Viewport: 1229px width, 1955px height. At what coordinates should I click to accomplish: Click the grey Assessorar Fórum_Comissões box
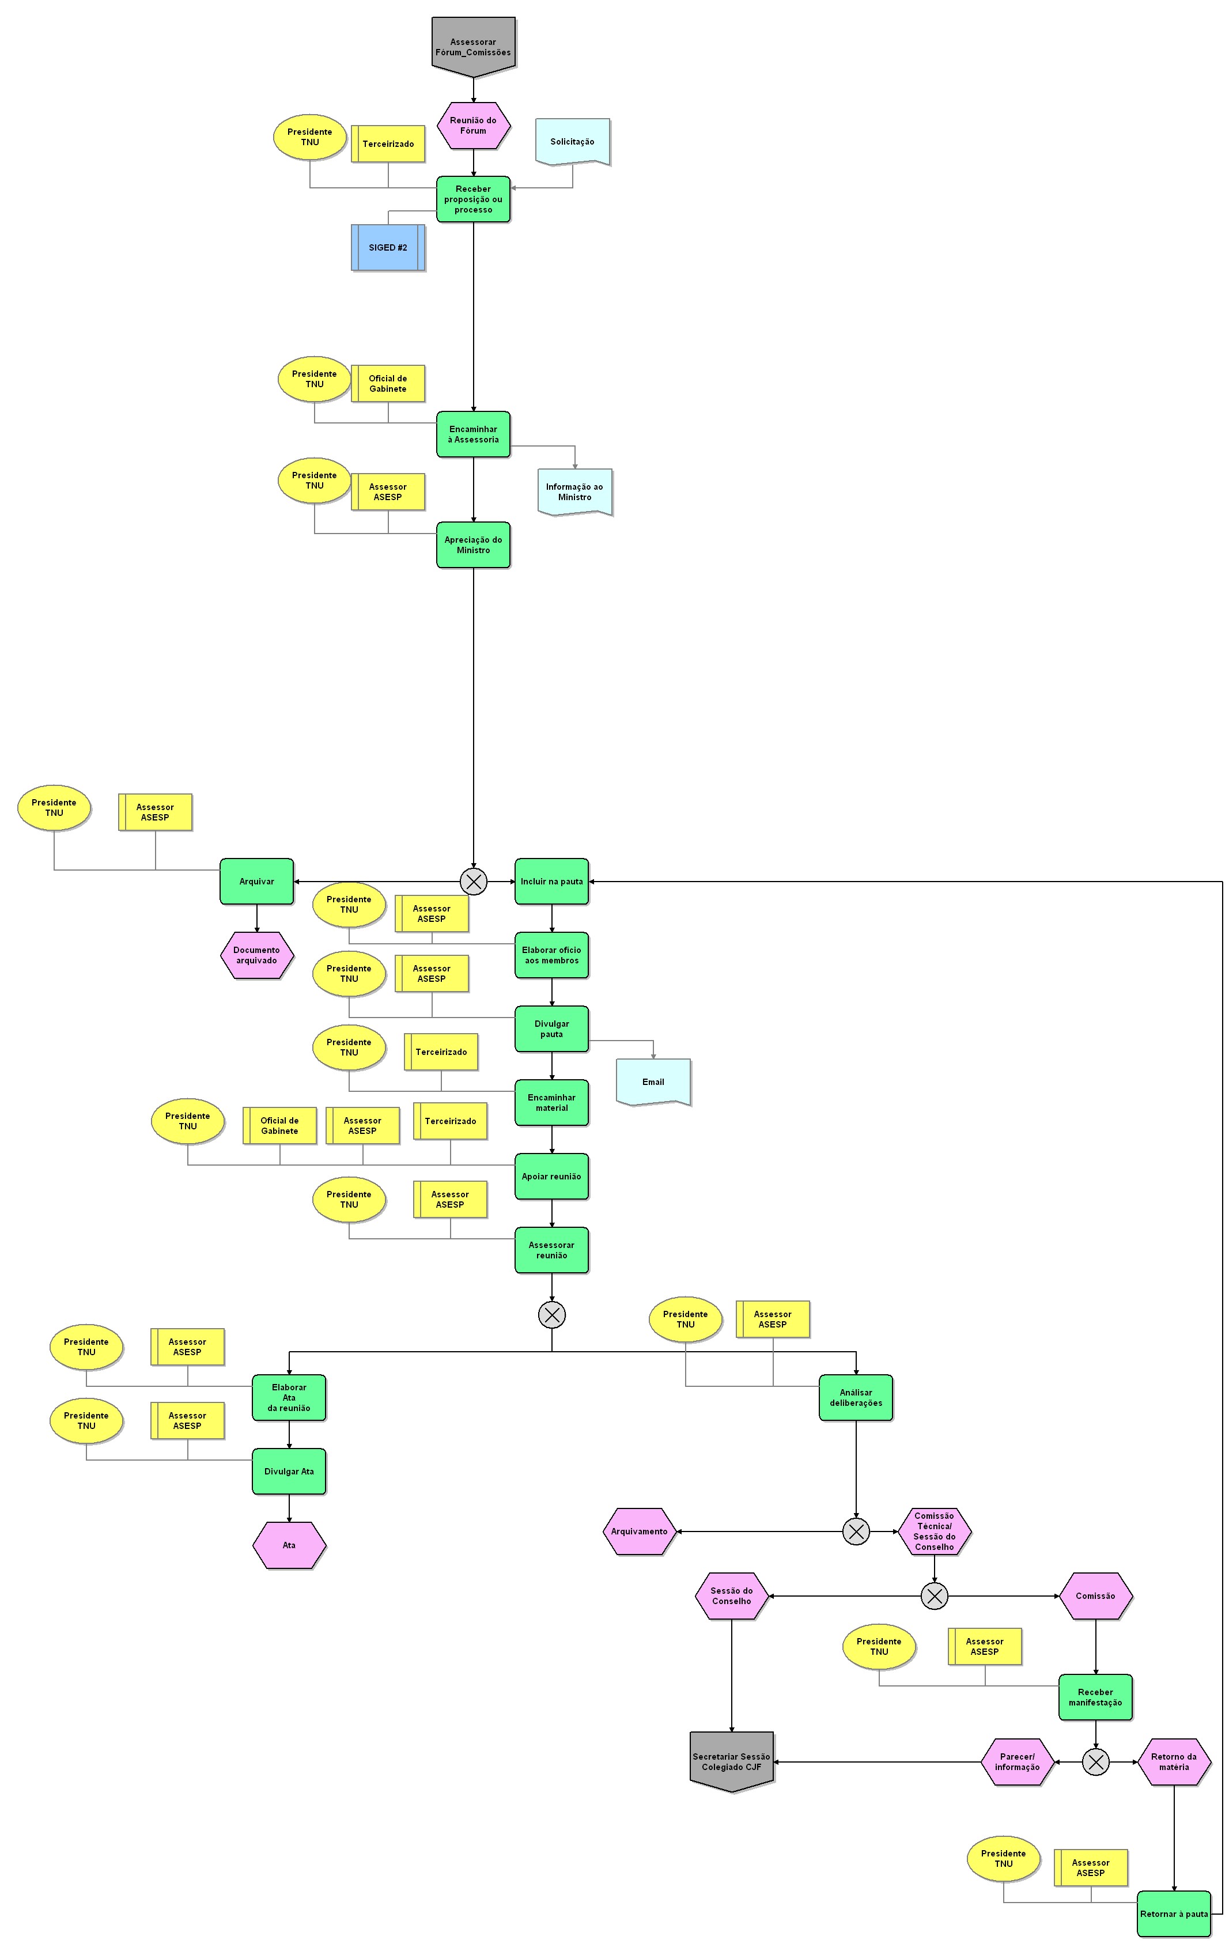pyautogui.click(x=473, y=47)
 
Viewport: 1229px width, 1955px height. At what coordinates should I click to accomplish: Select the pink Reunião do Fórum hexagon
pyautogui.click(x=473, y=126)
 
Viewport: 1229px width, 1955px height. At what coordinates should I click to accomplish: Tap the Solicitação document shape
pyautogui.click(x=572, y=141)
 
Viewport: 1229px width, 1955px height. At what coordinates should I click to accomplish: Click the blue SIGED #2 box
pyautogui.click(x=388, y=248)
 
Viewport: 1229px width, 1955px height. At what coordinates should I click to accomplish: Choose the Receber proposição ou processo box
pyautogui.click(x=473, y=199)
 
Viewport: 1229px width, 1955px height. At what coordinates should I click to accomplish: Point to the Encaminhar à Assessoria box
pyautogui.click(x=473, y=434)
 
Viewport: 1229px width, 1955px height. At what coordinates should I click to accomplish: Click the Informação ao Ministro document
pyautogui.click(x=574, y=492)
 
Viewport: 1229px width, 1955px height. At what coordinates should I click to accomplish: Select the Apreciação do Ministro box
pyautogui.click(x=473, y=544)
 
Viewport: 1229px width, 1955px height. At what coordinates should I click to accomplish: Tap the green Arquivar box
pyautogui.click(x=256, y=881)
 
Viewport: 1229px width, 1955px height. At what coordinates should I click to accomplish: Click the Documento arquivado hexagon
pyautogui.click(x=256, y=955)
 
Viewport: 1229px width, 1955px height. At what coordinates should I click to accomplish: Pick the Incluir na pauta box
pyautogui.click(x=551, y=881)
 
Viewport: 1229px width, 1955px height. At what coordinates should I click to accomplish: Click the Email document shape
pyautogui.click(x=653, y=1082)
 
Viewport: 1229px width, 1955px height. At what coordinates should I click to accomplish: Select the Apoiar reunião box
pyautogui.click(x=551, y=1177)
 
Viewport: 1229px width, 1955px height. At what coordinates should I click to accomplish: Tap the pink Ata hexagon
pyautogui.click(x=289, y=1545)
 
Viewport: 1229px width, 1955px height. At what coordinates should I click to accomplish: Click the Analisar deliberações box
pyautogui.click(x=856, y=1397)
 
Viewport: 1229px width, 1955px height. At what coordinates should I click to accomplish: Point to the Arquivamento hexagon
pyautogui.click(x=640, y=1531)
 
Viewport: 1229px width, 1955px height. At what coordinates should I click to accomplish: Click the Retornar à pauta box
pyautogui.click(x=1174, y=1914)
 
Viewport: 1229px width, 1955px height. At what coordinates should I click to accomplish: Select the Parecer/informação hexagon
pyautogui.click(x=1017, y=1762)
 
